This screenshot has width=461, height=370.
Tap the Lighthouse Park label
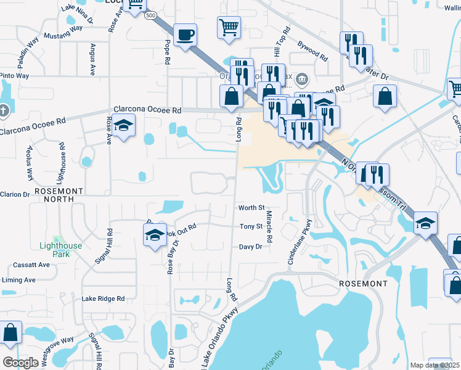tap(60, 250)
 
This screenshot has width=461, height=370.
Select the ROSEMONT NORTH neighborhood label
tap(54, 195)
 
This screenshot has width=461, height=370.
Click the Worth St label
tap(251, 208)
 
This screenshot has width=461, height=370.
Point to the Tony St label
tap(251, 226)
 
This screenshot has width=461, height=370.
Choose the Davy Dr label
tap(251, 247)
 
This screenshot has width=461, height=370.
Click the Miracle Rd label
tap(269, 225)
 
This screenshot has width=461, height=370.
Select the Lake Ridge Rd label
tap(103, 298)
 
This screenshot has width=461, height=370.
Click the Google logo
tap(21, 362)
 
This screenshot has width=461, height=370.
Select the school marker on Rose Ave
tap(124, 128)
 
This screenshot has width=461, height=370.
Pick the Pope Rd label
tap(167, 53)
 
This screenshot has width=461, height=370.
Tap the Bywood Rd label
tap(312, 51)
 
